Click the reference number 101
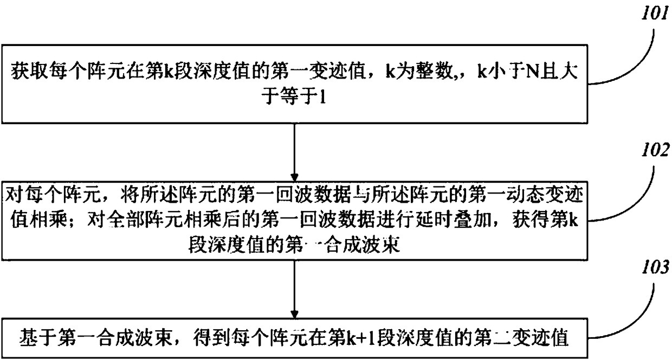[x=655, y=15]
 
